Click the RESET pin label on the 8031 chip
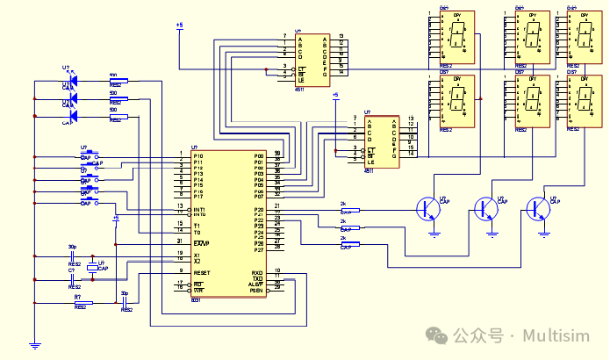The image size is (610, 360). [x=202, y=273]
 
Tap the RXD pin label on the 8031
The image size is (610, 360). [x=257, y=273]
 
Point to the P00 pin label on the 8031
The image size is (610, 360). [x=259, y=156]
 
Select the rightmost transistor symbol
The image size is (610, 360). [x=537, y=209]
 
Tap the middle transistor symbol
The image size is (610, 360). [x=484, y=209]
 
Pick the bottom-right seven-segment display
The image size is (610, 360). [x=582, y=100]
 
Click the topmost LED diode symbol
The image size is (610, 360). [x=72, y=81]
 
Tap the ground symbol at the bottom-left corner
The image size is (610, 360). [x=34, y=346]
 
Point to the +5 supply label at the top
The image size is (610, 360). [x=179, y=26]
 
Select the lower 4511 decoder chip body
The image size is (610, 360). [x=382, y=140]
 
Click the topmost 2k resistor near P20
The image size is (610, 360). [x=348, y=211]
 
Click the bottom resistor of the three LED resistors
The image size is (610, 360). [x=116, y=116]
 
